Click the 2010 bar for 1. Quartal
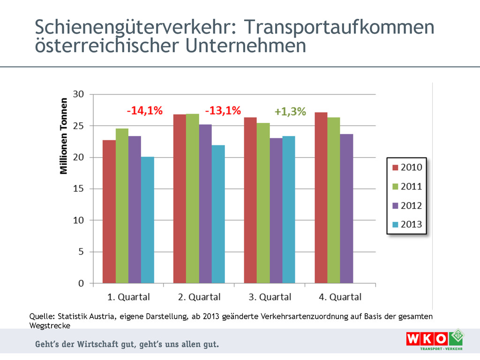click(109, 211)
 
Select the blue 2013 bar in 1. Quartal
click(148, 220)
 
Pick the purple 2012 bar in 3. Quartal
click(276, 210)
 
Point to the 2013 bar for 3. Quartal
click(289, 210)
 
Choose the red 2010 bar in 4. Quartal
click(321, 197)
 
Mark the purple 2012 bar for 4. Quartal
click(346, 209)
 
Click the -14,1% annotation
click(144, 111)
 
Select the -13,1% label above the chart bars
click(223, 111)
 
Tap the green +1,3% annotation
click(290, 112)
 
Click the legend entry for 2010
click(406, 167)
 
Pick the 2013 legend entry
click(406, 225)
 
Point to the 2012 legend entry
click(406, 206)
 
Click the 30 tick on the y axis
click(79, 94)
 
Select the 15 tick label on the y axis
click(79, 188)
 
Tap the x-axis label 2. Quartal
click(199, 297)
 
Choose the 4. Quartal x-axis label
click(340, 297)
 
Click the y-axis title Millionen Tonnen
click(64, 136)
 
